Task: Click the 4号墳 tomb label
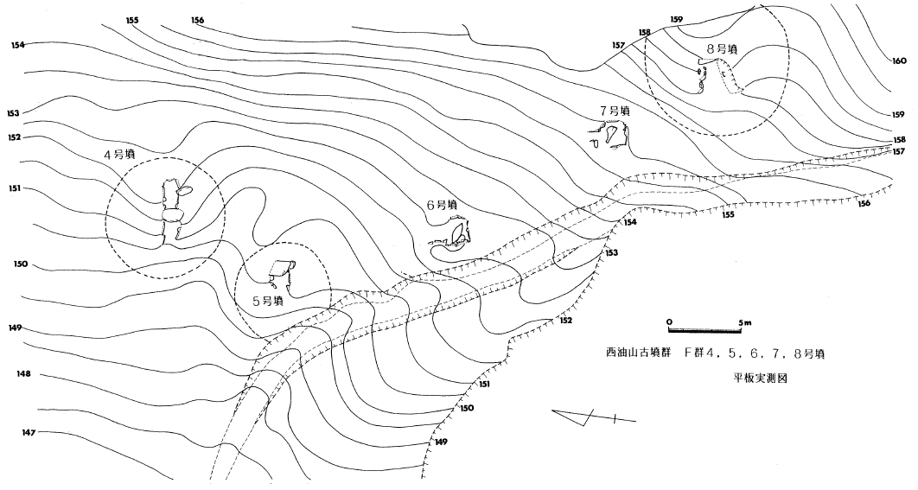(x=119, y=156)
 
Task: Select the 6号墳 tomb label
(x=442, y=205)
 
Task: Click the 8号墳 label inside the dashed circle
(x=722, y=49)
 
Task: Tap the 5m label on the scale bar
(x=744, y=322)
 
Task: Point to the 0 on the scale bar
(x=669, y=322)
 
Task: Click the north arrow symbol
(x=594, y=417)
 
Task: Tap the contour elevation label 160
(x=899, y=60)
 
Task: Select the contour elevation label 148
(x=24, y=373)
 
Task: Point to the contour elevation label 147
(x=29, y=433)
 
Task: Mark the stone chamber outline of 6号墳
(x=453, y=233)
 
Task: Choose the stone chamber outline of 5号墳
(x=282, y=273)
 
